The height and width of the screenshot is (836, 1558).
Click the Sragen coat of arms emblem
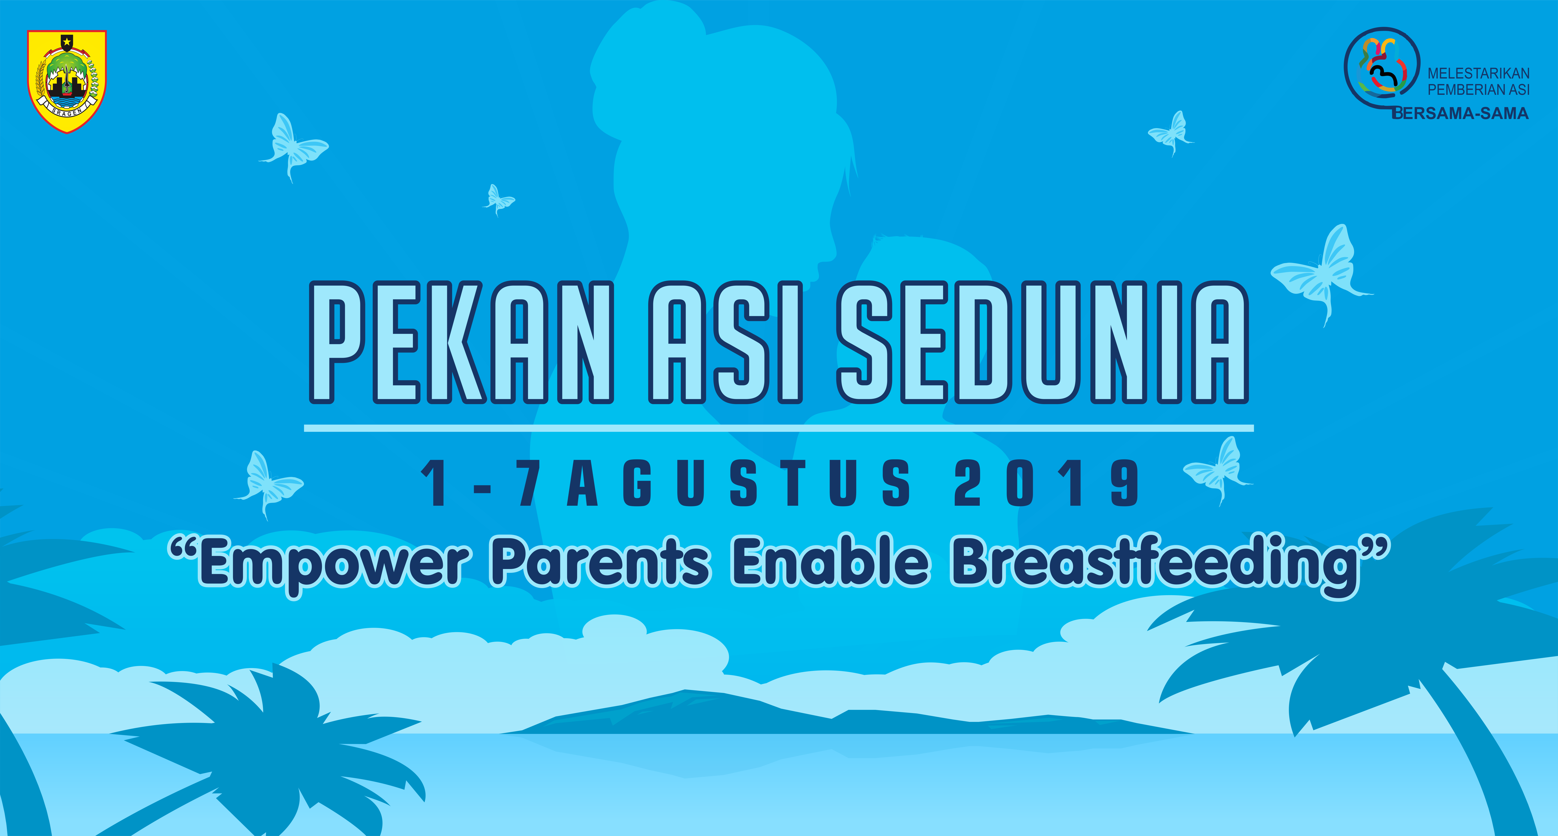(x=67, y=81)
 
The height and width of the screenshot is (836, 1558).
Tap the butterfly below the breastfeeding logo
(x=1171, y=133)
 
